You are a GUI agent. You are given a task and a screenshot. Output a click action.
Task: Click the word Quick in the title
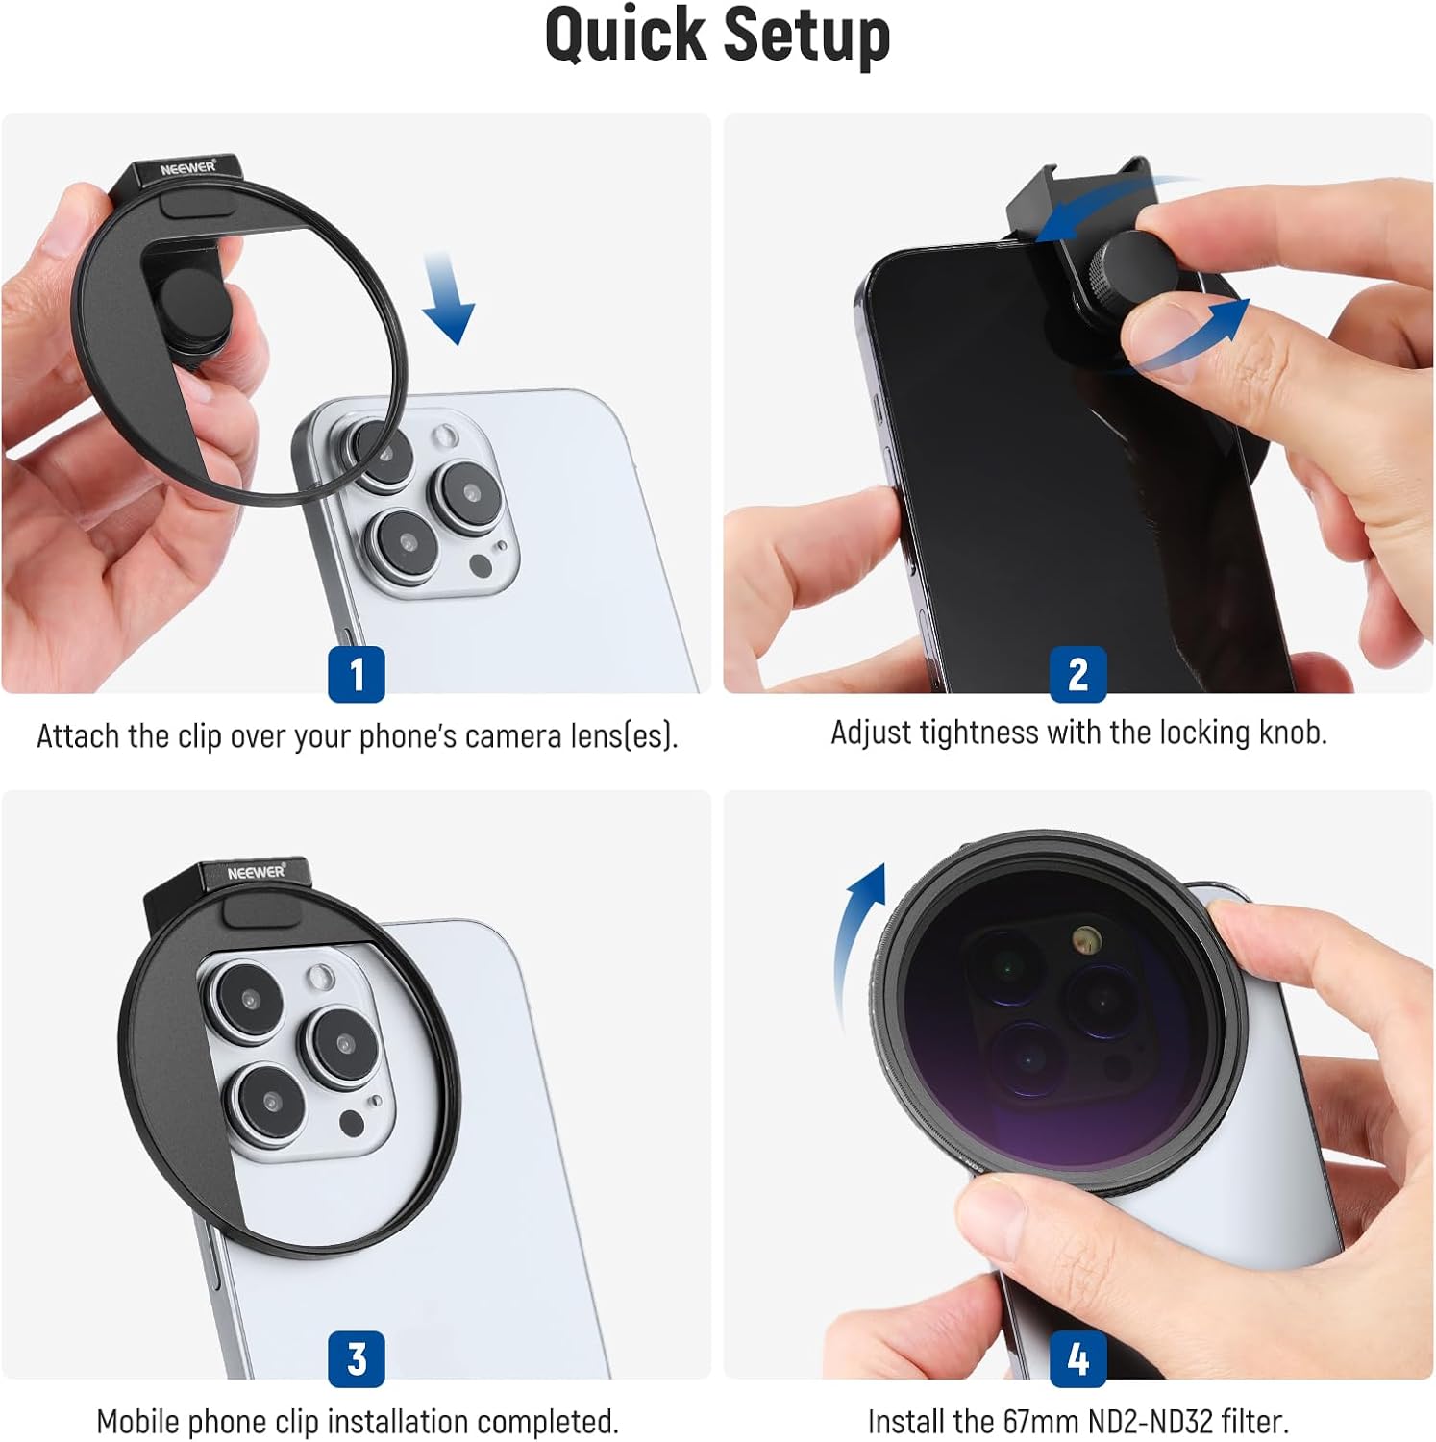point(625,37)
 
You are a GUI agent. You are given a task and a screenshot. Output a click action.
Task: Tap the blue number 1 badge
point(357,674)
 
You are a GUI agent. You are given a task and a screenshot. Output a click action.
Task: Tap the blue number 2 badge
point(1078,674)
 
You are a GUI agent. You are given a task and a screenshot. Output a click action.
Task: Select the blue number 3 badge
point(357,1358)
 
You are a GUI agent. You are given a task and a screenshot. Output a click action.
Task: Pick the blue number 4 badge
point(1078,1358)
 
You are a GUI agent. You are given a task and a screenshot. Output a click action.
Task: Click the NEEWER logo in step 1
point(188,168)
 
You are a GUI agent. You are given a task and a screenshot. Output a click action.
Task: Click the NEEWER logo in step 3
point(257,872)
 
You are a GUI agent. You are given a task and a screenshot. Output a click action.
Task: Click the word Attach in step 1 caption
point(79,736)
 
